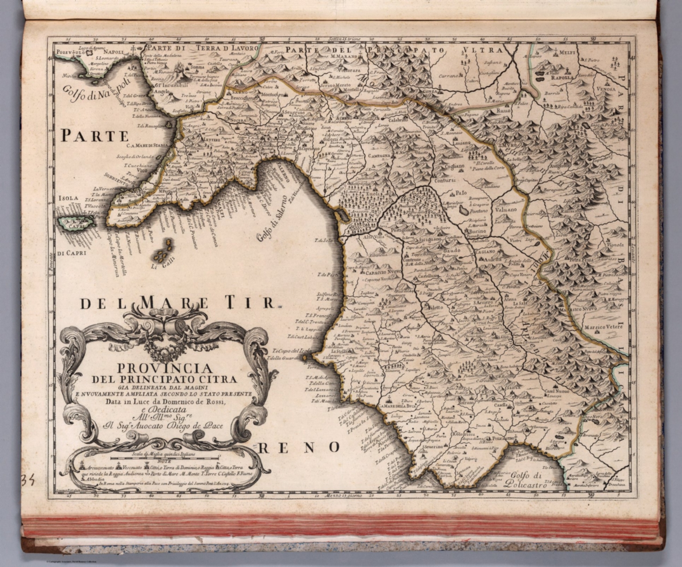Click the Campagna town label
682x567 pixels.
[379, 156]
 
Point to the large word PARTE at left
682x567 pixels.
[95, 135]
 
